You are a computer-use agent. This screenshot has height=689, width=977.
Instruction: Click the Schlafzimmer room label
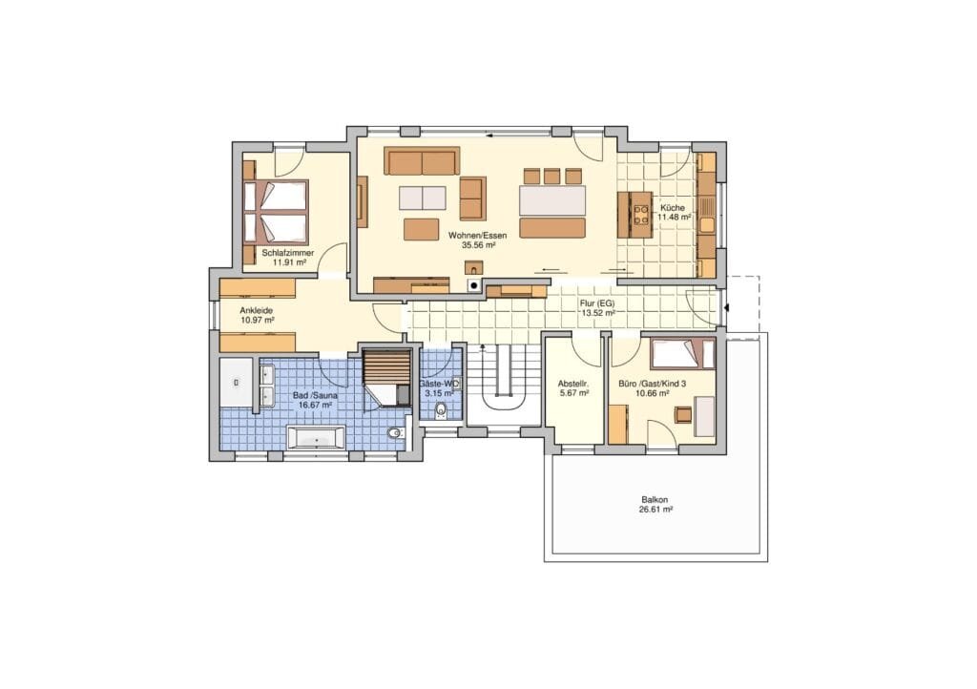(288, 253)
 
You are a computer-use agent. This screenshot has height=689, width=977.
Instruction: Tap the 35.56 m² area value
(478, 245)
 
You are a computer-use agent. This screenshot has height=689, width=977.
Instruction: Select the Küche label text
(673, 207)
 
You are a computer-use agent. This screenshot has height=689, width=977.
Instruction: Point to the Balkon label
(655, 500)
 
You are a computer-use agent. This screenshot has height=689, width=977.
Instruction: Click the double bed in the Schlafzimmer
(276, 212)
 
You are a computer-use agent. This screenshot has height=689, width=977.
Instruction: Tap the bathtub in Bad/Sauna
(316, 437)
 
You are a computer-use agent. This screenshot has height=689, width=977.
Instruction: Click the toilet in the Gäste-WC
(442, 410)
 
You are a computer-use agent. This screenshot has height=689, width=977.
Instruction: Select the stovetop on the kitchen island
(641, 215)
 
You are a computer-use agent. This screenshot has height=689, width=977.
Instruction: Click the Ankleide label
(256, 309)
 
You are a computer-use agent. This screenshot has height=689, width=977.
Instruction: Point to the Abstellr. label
(573, 384)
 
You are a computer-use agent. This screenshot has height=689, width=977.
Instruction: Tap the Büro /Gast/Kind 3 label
(653, 384)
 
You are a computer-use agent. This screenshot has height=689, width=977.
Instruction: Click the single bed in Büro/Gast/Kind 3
(681, 353)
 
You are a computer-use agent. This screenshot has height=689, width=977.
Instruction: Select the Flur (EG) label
(597, 303)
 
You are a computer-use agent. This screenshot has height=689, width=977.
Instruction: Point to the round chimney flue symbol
(474, 285)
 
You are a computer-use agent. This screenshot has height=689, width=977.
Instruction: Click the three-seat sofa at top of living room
(422, 161)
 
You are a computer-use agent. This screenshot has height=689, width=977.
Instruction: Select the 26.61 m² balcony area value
(655, 509)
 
